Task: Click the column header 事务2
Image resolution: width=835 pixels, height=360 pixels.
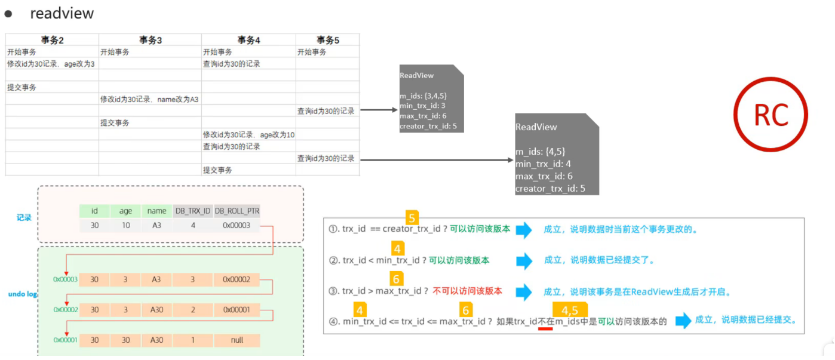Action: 52,40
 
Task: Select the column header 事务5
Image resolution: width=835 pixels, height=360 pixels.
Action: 327,40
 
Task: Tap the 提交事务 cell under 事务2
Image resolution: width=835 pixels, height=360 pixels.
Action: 22,87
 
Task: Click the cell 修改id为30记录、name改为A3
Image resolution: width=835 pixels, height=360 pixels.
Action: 149,99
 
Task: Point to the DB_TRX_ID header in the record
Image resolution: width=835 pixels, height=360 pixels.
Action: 192,211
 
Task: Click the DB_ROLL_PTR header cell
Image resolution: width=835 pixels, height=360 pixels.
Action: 237,211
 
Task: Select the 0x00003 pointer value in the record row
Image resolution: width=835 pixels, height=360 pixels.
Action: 237,225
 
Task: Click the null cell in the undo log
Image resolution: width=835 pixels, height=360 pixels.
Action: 237,340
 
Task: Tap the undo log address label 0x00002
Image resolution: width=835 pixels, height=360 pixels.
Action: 65,310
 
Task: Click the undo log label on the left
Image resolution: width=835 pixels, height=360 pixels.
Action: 23,294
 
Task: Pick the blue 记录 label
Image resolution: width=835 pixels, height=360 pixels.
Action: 23,218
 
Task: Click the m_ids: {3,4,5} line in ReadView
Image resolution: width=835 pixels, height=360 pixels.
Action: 423,96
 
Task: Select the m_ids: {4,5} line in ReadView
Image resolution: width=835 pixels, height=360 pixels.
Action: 540,152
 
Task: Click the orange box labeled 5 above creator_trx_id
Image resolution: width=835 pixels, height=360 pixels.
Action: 412,217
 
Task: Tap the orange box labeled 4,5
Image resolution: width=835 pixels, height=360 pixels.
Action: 570,310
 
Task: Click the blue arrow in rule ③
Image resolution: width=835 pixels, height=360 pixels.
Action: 524,292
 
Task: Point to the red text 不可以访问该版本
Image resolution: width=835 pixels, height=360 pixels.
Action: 467,291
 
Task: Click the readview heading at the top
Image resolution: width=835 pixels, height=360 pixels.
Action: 62,13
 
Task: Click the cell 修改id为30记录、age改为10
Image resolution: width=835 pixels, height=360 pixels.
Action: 248,135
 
